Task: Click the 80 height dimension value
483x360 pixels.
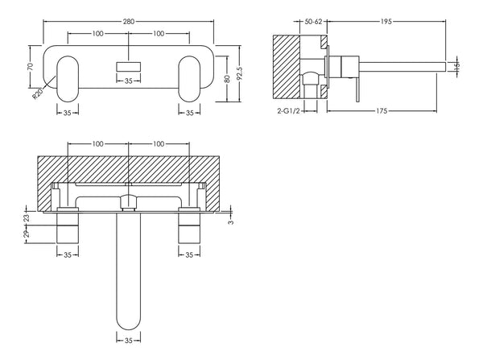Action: (228, 78)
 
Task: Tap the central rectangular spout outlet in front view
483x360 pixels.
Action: (128, 64)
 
